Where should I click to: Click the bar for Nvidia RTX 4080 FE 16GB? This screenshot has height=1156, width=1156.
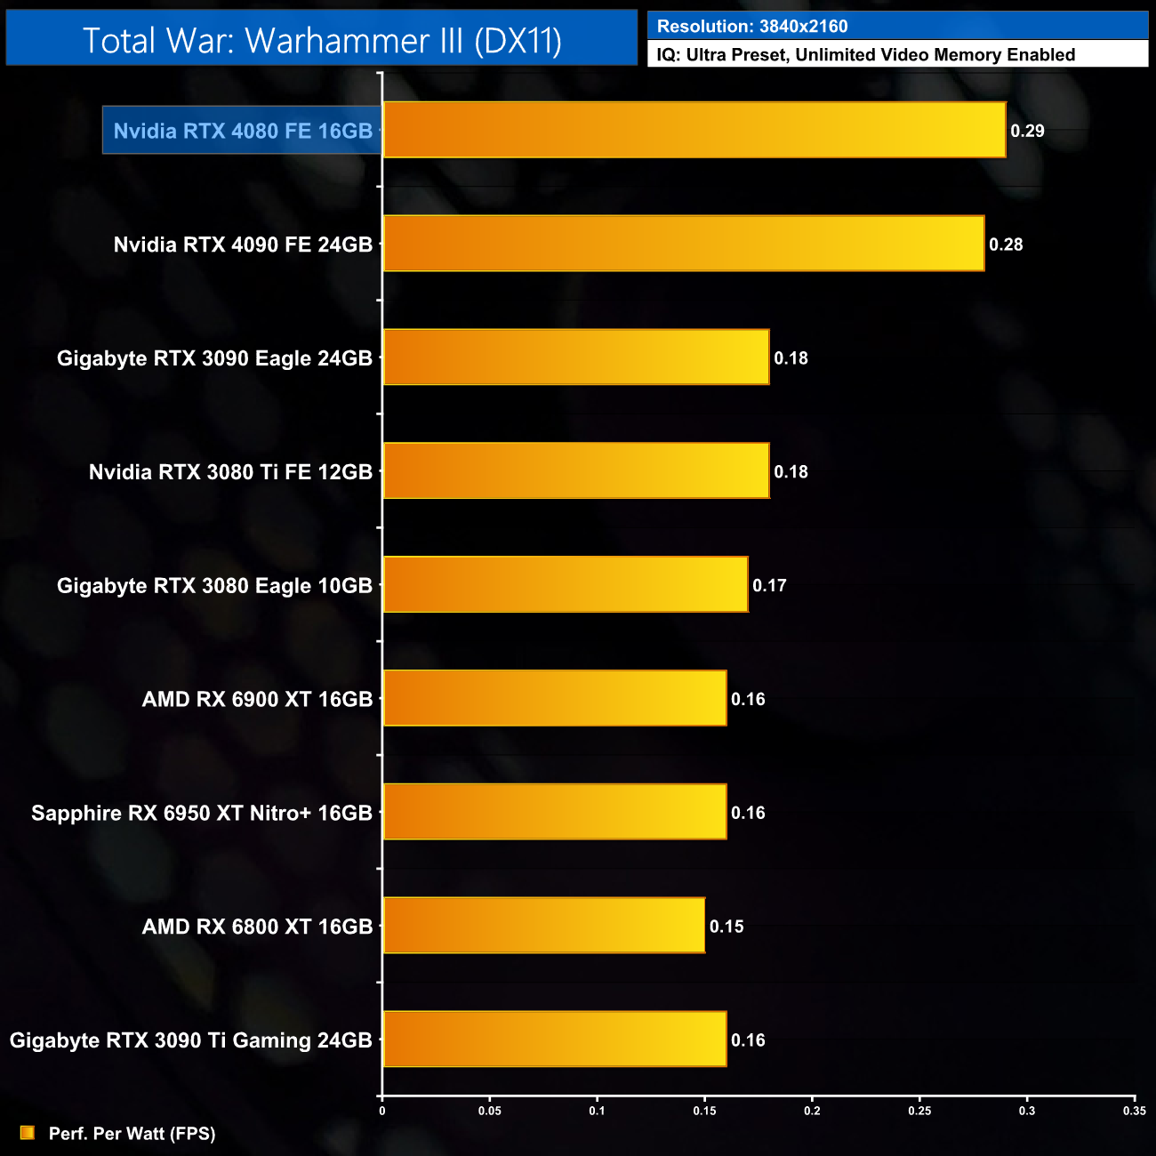(694, 130)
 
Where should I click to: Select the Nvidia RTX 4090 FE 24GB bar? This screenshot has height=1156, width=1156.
(683, 244)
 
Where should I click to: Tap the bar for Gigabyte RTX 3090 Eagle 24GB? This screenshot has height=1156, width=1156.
(575, 357)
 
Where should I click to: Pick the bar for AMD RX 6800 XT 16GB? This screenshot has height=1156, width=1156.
(543, 926)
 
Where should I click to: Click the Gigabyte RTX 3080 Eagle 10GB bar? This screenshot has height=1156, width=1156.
(565, 585)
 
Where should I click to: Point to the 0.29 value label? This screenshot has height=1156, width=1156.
(1027, 131)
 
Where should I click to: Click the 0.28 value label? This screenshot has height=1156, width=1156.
(1006, 245)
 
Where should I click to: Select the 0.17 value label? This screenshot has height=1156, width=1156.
(769, 585)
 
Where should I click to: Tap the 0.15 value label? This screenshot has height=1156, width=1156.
(727, 927)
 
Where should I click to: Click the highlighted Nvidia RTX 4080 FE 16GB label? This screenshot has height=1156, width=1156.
(243, 131)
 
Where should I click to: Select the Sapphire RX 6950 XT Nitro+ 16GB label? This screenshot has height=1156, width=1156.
(202, 813)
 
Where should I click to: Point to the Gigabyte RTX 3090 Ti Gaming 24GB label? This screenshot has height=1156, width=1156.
(191, 1040)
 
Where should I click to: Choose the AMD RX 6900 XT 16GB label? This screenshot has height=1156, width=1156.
(257, 699)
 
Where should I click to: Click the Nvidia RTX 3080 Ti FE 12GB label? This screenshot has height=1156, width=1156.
(230, 471)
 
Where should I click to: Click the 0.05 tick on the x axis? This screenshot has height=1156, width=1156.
(490, 1111)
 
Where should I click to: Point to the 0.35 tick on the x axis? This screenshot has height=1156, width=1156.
(1135, 1111)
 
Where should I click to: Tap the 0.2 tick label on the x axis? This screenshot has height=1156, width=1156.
(812, 1111)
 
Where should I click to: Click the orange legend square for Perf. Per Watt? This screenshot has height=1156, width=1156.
(28, 1133)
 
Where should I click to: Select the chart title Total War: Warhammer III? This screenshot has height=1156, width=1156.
(322, 40)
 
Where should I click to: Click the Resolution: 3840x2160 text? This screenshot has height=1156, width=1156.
(752, 27)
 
